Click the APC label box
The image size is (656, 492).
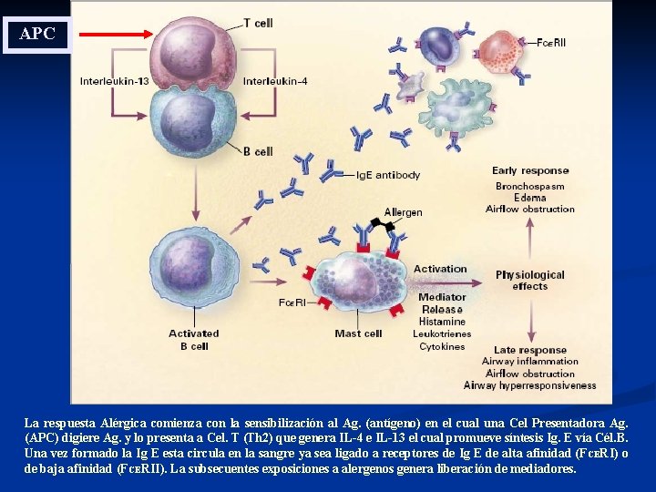point(37,35)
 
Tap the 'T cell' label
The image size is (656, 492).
point(258,23)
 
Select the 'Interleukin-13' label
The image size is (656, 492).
point(115,81)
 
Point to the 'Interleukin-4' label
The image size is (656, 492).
point(275,81)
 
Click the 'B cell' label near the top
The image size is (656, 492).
point(258,151)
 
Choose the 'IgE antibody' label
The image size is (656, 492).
point(387,175)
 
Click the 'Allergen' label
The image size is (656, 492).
point(403,212)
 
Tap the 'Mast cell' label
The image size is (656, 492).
point(358,333)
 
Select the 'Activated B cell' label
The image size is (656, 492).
point(193,340)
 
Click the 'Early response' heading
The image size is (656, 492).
point(529,170)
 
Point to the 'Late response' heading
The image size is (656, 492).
point(529,350)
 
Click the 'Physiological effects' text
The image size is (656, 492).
point(529,280)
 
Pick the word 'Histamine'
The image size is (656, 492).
point(442,322)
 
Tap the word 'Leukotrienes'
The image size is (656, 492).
point(442,334)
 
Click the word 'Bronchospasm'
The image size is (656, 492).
point(529,186)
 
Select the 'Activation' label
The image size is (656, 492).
point(440,269)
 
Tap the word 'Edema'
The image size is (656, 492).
point(529,198)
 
